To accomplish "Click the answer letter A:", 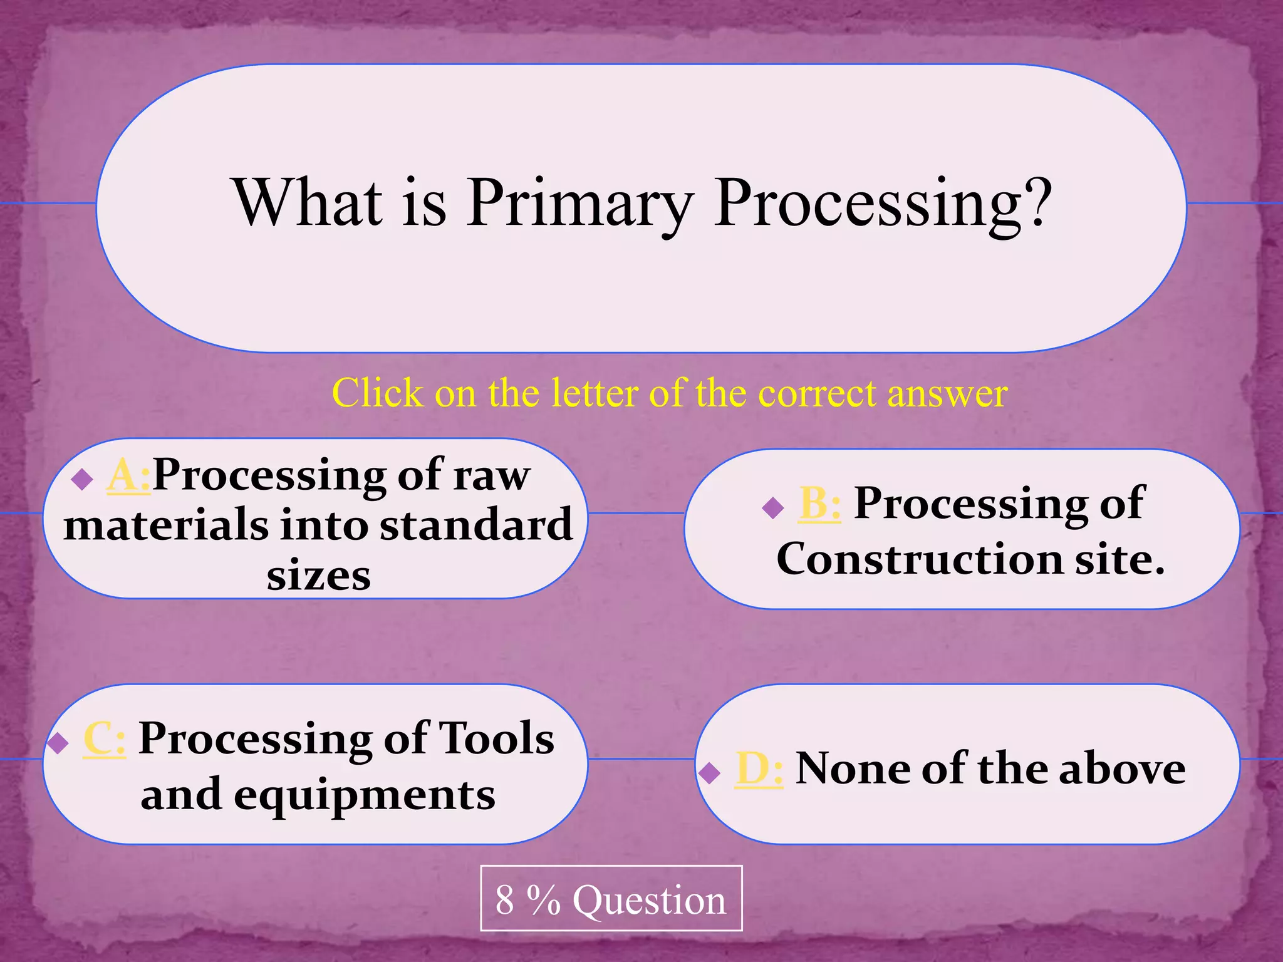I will click(128, 476).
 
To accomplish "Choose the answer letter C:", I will click(104, 739).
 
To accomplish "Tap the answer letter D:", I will click(759, 768).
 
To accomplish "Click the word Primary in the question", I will click(580, 203).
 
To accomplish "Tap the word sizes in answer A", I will click(318, 576).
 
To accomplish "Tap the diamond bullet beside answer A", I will click(82, 480).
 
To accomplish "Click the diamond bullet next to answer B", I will click(773, 507).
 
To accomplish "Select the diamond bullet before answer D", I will click(709, 773).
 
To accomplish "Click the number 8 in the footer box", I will click(504, 900).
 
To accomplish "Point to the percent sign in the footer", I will click(543, 900).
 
